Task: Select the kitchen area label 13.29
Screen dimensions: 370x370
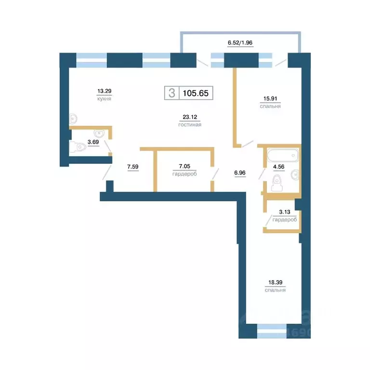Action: point(104,91)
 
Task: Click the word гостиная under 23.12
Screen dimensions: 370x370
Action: point(189,124)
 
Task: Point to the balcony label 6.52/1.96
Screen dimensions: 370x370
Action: point(240,42)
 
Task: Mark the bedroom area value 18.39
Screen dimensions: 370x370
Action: point(275,283)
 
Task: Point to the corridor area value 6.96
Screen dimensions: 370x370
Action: point(239,171)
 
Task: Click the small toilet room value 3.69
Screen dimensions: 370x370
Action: point(93,142)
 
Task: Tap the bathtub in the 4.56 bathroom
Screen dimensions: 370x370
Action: point(282,156)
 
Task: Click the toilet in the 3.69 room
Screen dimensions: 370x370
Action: point(76,147)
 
